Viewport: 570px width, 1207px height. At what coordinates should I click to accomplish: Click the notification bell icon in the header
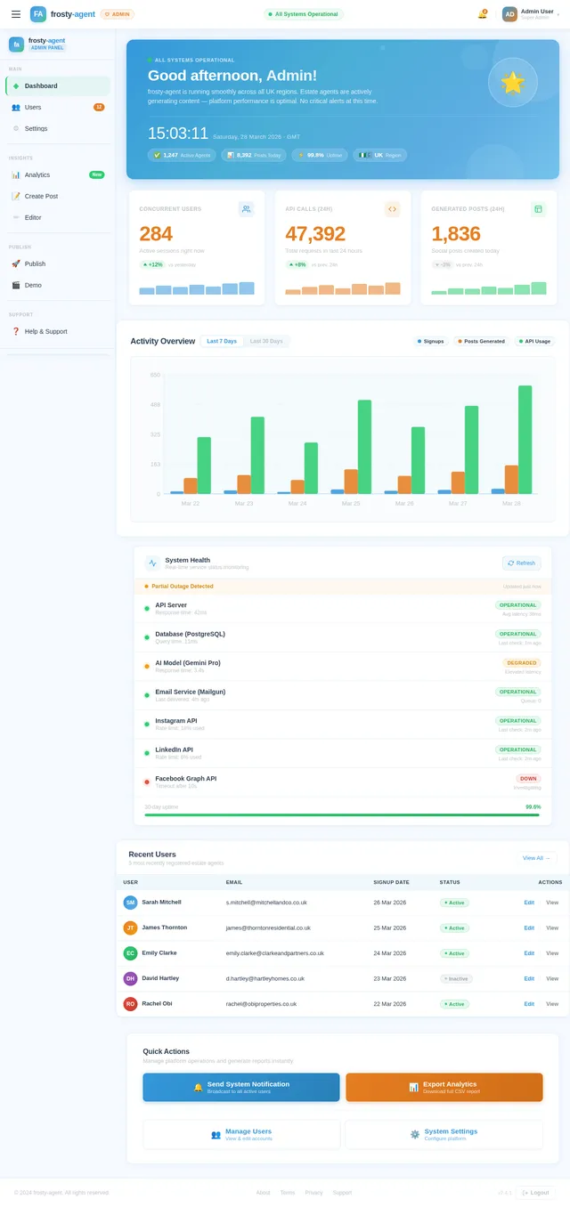click(482, 14)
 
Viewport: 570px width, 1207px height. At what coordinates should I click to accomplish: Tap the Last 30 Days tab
click(266, 341)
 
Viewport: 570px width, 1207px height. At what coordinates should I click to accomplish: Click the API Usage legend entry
click(535, 341)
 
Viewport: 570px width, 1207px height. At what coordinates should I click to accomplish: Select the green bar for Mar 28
click(525, 440)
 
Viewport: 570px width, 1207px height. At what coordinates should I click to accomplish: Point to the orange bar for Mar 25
click(351, 482)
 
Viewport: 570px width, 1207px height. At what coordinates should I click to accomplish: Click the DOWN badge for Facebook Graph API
click(528, 778)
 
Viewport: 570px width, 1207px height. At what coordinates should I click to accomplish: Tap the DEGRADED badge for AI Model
click(522, 663)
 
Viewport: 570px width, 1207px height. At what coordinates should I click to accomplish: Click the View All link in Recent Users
click(536, 858)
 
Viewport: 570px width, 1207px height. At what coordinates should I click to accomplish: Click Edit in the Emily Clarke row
click(529, 953)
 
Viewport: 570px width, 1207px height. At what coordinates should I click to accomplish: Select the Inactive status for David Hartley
click(456, 978)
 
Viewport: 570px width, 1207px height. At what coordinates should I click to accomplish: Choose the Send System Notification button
click(240, 1087)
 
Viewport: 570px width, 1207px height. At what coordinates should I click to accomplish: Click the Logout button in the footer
click(535, 1193)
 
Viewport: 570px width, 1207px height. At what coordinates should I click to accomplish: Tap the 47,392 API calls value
click(315, 234)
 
